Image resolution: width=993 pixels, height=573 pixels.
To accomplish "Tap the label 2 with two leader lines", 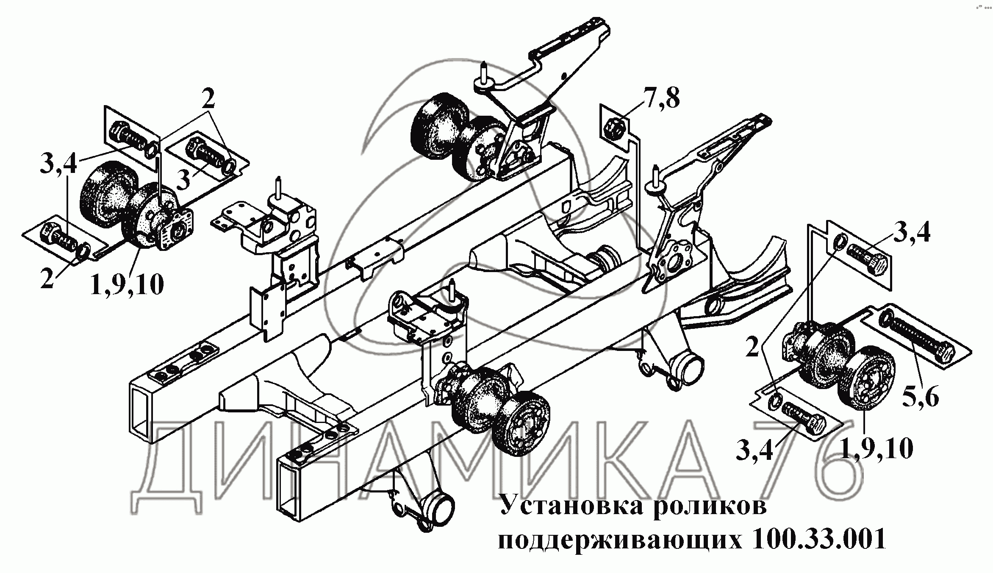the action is pos(208,101).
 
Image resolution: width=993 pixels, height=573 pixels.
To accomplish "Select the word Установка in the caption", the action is pos(572,505).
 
